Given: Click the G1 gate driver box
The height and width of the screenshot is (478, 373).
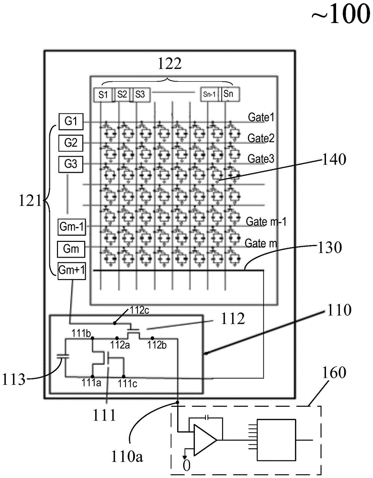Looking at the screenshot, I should tap(71, 121).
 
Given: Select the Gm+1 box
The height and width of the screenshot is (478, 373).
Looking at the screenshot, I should tap(71, 270).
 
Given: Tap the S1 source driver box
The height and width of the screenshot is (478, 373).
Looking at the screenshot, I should tap(103, 95).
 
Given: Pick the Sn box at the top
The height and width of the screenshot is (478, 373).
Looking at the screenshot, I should tap(229, 94).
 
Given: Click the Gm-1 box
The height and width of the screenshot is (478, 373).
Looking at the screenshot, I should tap(71, 226).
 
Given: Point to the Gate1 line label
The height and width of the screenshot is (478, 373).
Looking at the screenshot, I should tap(260, 117).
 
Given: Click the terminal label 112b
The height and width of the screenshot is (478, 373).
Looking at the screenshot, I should tap(156, 345).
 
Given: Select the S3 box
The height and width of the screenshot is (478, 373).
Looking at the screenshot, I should tap(140, 95).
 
